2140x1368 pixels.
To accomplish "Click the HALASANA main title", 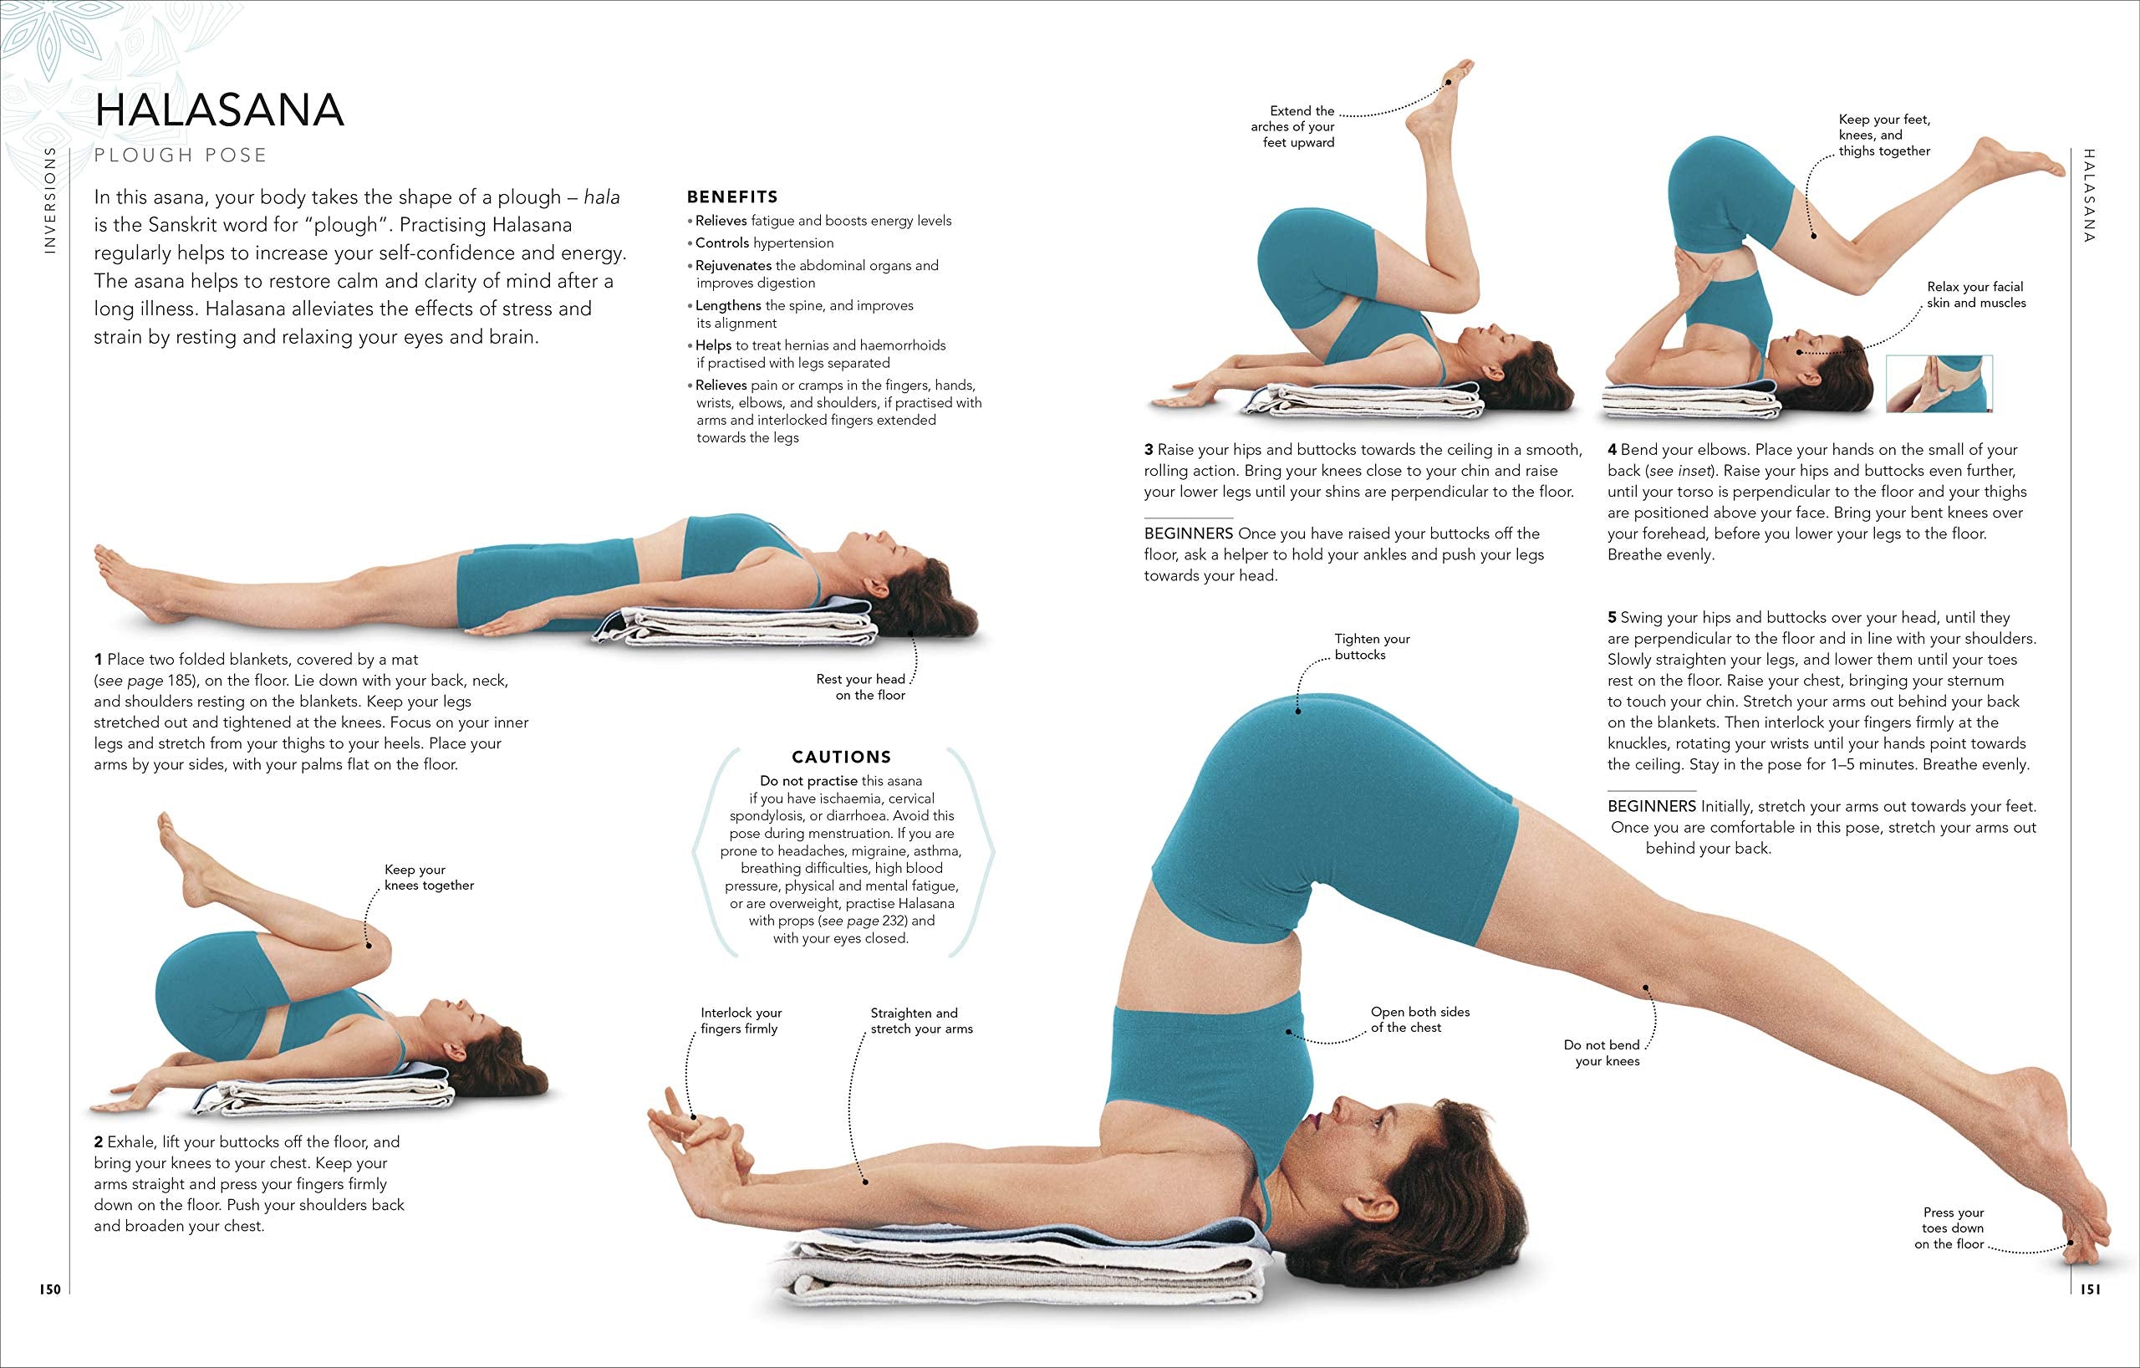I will (219, 110).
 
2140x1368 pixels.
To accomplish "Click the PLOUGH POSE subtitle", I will (181, 156).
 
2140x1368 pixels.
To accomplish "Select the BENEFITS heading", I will (732, 197).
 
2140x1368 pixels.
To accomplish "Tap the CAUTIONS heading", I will (841, 758).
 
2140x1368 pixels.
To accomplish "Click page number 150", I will (50, 1289).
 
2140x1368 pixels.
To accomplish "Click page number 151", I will (2090, 1289).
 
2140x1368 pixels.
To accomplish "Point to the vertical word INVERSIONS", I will (50, 200).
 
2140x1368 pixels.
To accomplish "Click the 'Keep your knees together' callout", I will (428, 877).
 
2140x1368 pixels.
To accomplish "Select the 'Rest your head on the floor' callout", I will (860, 687).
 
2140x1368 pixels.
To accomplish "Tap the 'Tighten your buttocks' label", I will (1371, 647).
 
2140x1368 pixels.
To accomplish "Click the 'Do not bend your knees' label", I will (1602, 1054).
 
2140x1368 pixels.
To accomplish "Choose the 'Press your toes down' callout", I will (1953, 1228).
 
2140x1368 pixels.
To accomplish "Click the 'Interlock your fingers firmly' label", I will (741, 1020).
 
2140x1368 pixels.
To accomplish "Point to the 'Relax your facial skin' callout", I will (1975, 295).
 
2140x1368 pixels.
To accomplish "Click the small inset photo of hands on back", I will (1939, 384).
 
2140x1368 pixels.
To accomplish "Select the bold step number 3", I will (1149, 450).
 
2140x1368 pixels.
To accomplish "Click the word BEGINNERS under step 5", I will (1651, 806).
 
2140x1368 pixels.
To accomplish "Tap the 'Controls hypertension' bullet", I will (764, 242).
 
